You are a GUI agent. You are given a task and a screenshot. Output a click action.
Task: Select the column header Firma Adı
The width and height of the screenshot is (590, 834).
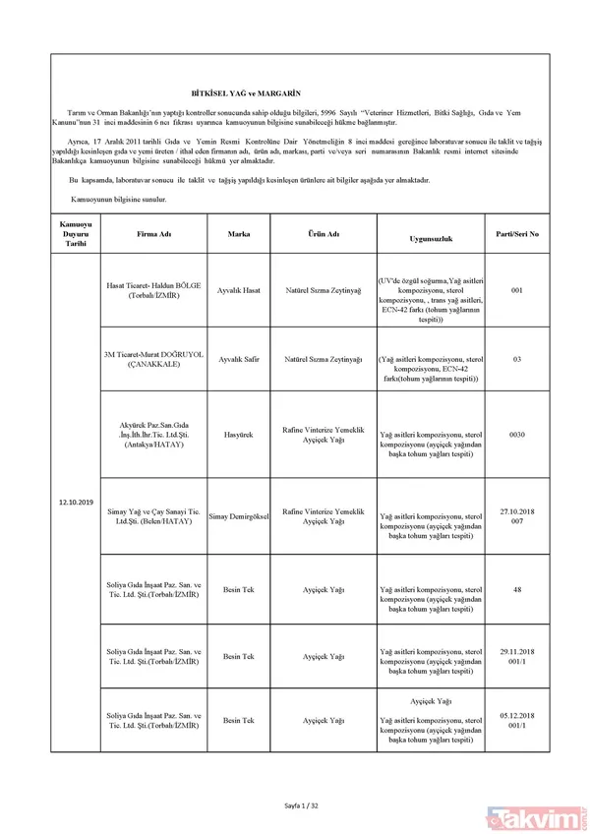[x=153, y=235]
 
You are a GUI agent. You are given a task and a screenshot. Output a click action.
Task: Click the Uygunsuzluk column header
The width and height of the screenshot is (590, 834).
[x=430, y=239]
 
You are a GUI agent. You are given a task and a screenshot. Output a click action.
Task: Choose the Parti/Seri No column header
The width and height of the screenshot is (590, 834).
[x=517, y=235]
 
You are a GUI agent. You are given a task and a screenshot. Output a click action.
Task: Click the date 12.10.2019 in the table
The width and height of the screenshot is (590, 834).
[x=76, y=504]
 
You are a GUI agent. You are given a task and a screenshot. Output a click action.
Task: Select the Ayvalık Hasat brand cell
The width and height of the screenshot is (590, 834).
[x=239, y=291]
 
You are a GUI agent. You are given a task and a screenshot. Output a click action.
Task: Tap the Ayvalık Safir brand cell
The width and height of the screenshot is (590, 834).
[x=239, y=359]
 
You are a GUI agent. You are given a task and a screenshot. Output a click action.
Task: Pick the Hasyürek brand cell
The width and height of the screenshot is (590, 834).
[x=239, y=433]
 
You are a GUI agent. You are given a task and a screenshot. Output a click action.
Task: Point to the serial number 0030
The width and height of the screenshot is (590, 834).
[x=517, y=433]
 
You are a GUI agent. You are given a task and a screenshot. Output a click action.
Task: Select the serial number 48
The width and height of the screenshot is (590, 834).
[x=517, y=589]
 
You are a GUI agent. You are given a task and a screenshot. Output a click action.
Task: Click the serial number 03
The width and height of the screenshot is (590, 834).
[x=517, y=359]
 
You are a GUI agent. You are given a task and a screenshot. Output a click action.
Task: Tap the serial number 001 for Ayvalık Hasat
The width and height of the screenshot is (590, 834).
[x=517, y=291]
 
